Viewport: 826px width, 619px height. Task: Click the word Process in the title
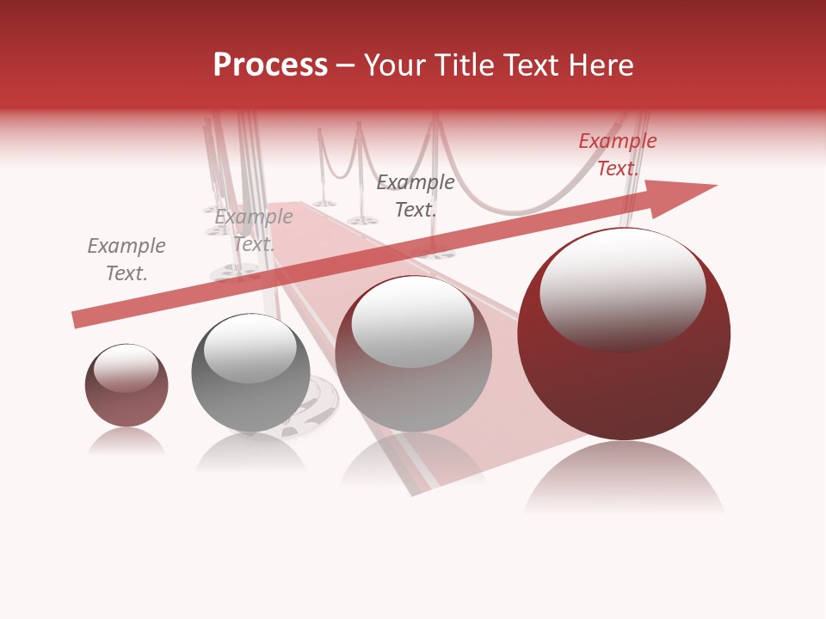[x=270, y=65]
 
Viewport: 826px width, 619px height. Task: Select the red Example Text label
[x=617, y=155]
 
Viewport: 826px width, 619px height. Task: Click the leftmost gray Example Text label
[x=126, y=260]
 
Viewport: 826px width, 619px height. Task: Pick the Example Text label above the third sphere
[x=416, y=195]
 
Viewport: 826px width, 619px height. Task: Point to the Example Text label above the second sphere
[x=254, y=230]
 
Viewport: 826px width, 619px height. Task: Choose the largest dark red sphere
[x=624, y=378]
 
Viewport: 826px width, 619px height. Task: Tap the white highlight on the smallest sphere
[x=126, y=368]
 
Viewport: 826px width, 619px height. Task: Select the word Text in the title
[x=527, y=65]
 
